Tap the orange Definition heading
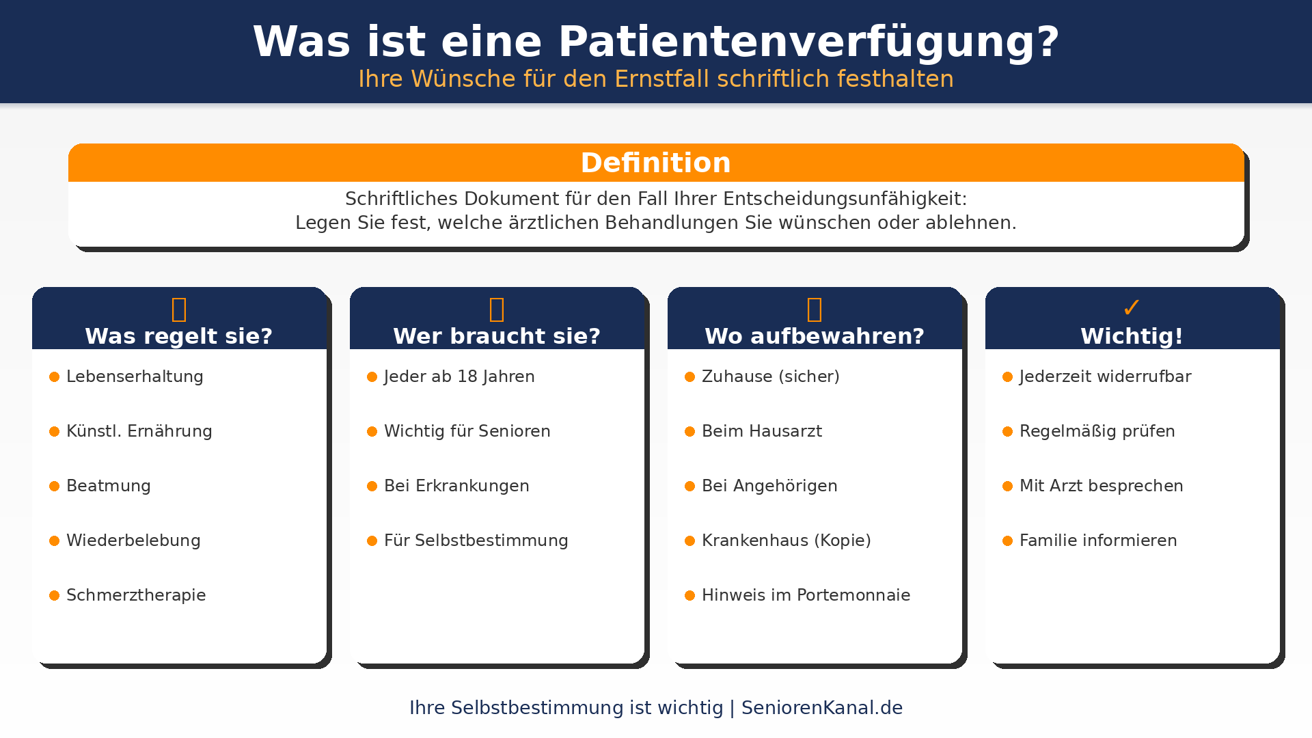(656, 163)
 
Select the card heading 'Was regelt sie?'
(179, 336)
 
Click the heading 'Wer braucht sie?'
(497, 336)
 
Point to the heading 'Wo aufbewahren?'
(815, 336)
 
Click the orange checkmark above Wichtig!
(1132, 307)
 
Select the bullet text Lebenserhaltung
(135, 377)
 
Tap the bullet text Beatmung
(109, 486)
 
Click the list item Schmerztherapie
(136, 595)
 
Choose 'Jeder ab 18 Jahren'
(459, 377)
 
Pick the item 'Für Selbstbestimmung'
(476, 541)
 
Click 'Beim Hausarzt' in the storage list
(762, 431)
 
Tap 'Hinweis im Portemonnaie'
(806, 595)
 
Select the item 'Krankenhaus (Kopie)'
(787, 541)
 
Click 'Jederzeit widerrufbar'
(1106, 377)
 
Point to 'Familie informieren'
(1098, 541)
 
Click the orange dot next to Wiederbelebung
(55, 541)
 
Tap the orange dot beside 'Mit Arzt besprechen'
(1007, 487)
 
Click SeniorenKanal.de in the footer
(822, 708)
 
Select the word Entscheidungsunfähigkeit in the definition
(845, 199)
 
